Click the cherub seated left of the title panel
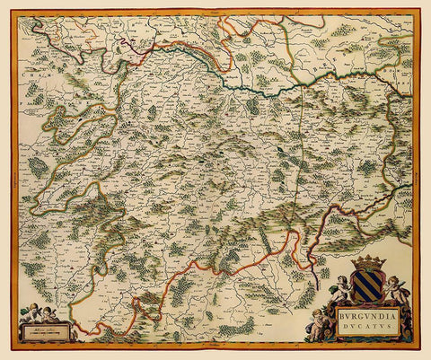[x=319, y=324]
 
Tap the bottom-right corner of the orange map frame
[x=419, y=349]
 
